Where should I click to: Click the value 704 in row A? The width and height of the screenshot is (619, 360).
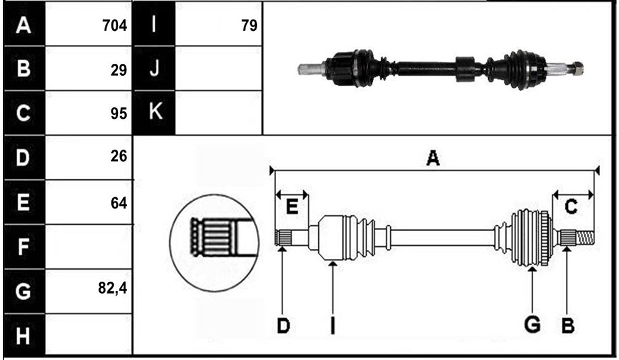[x=114, y=26]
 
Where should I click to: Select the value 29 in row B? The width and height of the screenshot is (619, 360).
[x=119, y=70]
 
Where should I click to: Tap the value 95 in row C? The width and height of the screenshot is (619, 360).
[x=119, y=114]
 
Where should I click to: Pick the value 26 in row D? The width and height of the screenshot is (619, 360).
[x=119, y=157]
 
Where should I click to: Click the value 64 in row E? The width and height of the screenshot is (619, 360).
[x=119, y=203]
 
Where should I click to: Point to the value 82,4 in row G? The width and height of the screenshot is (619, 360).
[x=112, y=288]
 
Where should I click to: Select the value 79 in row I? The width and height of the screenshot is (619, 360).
[x=249, y=26]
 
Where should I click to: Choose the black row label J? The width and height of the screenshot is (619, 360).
[x=154, y=68]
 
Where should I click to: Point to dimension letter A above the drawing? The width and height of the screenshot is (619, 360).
[x=433, y=159]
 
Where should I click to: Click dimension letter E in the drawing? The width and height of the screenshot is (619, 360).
[x=292, y=207]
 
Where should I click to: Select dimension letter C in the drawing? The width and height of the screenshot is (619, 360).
[x=571, y=207]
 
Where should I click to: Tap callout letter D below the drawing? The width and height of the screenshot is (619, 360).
[x=283, y=326]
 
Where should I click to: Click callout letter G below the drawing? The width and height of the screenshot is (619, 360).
[x=532, y=325]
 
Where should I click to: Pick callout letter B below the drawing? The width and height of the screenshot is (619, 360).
[x=567, y=326]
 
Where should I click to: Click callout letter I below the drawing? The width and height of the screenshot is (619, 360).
[x=332, y=326]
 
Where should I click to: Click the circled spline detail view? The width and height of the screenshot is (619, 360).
[x=214, y=243]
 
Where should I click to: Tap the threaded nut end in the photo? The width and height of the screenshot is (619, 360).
[x=577, y=69]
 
